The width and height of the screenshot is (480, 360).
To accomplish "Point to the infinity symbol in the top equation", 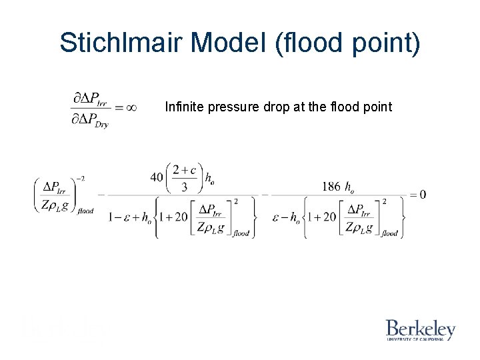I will pos(131,107).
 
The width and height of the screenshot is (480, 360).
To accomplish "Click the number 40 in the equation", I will pos(157,177).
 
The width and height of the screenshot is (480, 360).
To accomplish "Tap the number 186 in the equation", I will pos(331,187).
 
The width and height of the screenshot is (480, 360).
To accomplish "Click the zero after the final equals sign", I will pos(422,195).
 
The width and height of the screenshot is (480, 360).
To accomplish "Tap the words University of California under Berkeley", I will pos(420,339).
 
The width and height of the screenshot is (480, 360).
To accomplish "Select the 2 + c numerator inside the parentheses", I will pos(183,171).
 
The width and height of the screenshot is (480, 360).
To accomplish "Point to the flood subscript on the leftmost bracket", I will pos(85,211).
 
